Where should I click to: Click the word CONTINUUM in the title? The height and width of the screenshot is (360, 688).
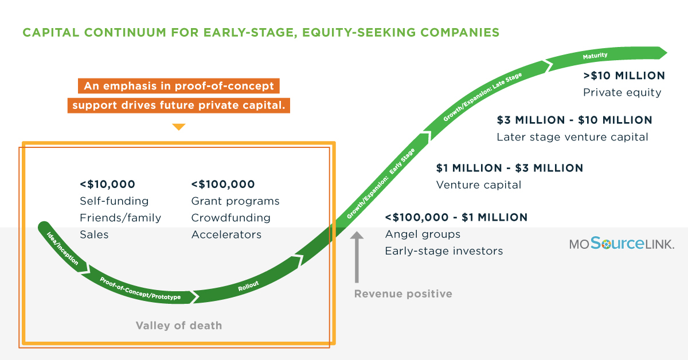[125, 33]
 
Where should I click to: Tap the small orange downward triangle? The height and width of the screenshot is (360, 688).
[179, 127]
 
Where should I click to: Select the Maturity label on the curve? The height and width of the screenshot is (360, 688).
[595, 56]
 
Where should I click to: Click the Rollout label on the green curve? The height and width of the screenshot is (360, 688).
[248, 286]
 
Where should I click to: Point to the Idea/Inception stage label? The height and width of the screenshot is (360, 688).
[62, 248]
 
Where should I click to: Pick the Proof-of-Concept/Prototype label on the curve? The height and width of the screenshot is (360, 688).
[140, 289]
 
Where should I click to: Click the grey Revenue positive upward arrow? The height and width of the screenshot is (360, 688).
[357, 257]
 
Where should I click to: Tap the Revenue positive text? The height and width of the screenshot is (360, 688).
[403, 294]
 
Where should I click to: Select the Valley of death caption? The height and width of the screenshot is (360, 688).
[179, 326]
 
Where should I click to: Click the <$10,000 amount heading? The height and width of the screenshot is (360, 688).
[107, 185]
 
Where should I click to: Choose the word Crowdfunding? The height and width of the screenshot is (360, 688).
[230, 218]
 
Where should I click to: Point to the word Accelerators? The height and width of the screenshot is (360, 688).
[226, 234]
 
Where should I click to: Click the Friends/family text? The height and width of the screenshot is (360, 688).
[120, 218]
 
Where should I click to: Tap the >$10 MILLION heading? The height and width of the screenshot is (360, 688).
[624, 76]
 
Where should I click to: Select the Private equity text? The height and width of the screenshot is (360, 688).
[622, 92]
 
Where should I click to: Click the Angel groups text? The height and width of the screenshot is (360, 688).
[423, 234]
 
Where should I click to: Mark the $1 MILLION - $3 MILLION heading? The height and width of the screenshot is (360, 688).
[510, 168]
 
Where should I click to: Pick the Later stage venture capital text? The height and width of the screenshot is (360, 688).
[572, 137]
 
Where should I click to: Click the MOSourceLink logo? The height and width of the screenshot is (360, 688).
[621, 243]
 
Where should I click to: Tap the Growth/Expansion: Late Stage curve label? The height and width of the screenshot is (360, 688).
[482, 97]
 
